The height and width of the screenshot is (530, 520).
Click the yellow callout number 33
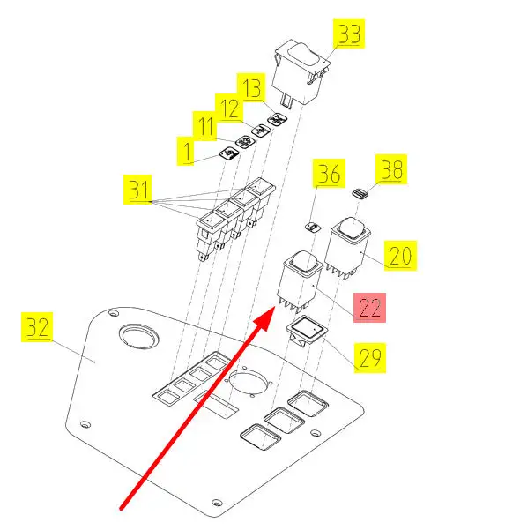[349, 34]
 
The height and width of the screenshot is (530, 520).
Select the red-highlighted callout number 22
[369, 308]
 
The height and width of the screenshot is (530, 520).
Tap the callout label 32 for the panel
[37, 327]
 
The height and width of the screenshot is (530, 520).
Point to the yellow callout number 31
[137, 190]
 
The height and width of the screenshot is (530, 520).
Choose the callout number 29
[370, 358]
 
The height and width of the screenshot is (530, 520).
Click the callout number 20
[400, 256]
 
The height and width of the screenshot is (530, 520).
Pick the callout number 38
[391, 169]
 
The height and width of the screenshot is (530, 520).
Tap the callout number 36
[329, 173]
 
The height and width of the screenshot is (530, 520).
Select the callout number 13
[251, 87]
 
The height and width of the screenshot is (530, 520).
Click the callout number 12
[229, 108]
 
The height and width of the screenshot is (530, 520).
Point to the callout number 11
[205, 126]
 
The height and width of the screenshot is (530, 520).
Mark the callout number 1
[185, 151]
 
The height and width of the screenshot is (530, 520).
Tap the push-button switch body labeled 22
[300, 280]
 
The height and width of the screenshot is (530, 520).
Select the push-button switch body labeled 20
[347, 248]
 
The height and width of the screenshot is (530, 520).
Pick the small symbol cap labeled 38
[360, 194]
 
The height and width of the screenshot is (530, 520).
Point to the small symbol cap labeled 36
[313, 227]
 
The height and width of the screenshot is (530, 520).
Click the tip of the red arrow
[274, 307]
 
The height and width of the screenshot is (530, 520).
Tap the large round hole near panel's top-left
[138, 336]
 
